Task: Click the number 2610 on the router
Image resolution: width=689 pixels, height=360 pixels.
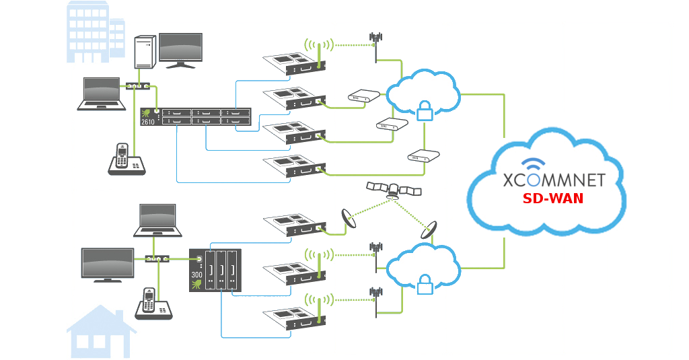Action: (147, 122)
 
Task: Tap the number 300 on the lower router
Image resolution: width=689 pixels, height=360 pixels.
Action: (196, 275)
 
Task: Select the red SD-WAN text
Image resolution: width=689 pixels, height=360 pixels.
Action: (553, 199)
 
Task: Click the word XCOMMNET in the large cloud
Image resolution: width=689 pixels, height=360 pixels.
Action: (554, 180)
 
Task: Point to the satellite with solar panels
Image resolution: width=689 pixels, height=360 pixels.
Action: (394, 190)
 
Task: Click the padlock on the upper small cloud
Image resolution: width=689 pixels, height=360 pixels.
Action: (425, 111)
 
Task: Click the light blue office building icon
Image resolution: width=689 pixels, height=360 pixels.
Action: (95, 32)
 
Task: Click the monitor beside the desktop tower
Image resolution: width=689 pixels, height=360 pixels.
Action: (180, 50)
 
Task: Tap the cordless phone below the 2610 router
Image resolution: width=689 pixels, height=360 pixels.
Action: (126, 160)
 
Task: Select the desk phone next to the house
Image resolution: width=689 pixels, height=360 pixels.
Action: (153, 304)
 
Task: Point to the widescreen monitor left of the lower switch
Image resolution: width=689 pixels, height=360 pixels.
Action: (107, 264)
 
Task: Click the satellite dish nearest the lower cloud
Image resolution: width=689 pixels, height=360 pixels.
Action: (429, 229)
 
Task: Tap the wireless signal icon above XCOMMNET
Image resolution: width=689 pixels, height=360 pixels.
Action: (534, 165)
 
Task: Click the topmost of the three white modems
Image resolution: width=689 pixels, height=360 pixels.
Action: (363, 97)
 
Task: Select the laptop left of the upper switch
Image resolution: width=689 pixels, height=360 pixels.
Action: (102, 94)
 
